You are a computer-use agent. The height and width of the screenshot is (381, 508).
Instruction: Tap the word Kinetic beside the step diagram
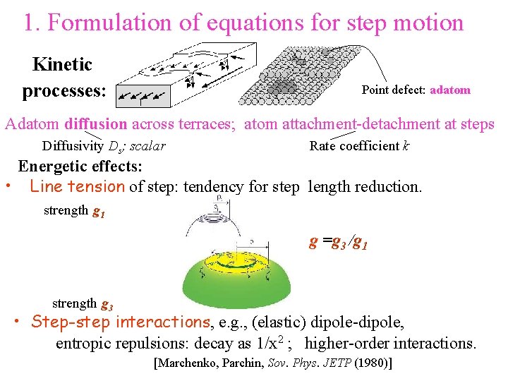tap(62, 65)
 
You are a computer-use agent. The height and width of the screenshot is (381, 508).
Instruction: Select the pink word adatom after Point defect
tap(449, 90)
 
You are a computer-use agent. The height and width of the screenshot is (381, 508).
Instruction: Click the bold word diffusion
tap(95, 125)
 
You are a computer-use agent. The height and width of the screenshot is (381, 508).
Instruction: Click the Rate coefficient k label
tap(359, 146)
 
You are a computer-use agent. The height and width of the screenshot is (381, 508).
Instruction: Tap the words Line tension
tap(77, 187)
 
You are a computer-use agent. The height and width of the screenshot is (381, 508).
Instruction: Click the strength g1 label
tap(74, 211)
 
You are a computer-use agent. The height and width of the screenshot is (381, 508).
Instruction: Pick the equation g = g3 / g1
tap(339, 243)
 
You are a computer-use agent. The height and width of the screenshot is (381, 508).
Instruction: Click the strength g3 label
tap(82, 304)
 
